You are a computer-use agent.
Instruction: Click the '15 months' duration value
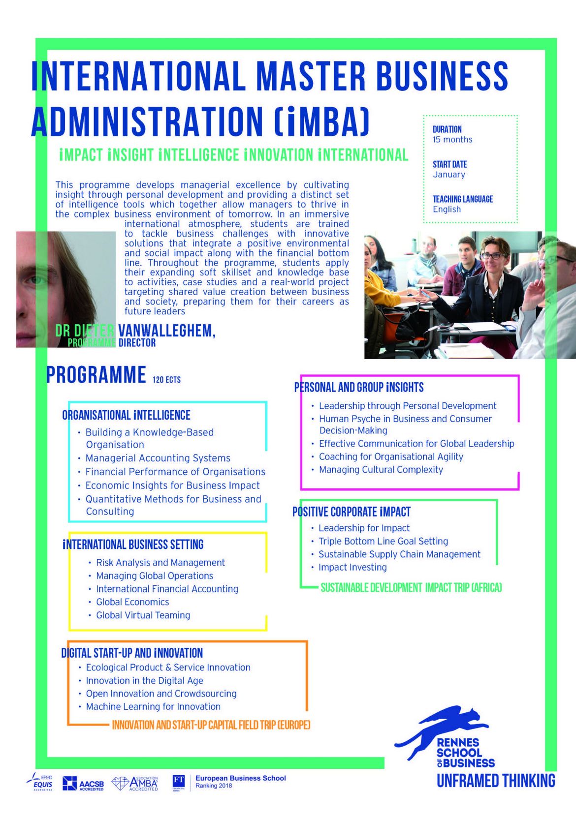point(452,140)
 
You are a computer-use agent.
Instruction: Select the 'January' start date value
point(449,175)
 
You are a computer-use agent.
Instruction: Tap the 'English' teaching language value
point(447,210)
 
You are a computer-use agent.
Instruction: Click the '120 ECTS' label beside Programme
point(166,380)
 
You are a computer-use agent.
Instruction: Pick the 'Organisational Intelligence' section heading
point(126,415)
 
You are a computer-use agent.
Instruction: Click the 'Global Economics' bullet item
point(132,602)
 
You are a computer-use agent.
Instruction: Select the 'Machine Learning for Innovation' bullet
point(153,707)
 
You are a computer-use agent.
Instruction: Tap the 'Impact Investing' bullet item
point(352,568)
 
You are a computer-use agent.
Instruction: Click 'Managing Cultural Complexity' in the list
point(381,470)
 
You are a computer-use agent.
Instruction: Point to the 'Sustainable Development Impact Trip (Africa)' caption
point(411,588)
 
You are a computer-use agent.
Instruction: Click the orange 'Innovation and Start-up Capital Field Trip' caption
point(211,725)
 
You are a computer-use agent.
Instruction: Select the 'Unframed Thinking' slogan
point(496,781)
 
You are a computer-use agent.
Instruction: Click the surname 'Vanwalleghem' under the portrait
point(166,331)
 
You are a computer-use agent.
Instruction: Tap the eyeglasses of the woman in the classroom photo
point(491,256)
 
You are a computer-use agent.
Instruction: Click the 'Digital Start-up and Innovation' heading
point(132,653)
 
